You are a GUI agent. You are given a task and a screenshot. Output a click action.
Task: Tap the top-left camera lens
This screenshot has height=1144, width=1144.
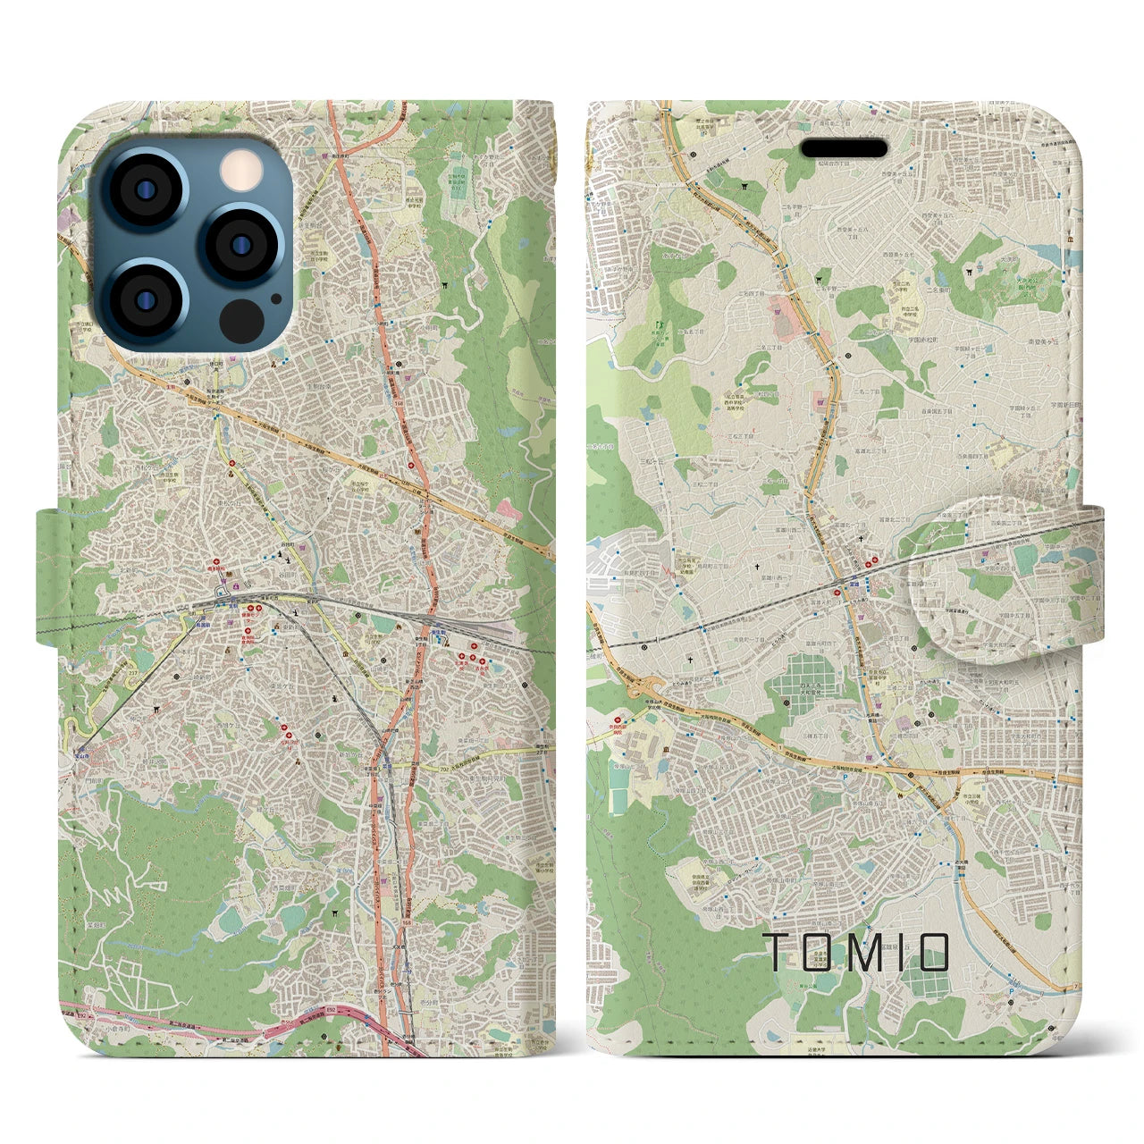146,190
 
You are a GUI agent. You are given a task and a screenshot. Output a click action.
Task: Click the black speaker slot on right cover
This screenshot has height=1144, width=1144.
843,148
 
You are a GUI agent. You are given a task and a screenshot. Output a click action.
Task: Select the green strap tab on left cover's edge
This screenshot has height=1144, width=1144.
52,576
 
